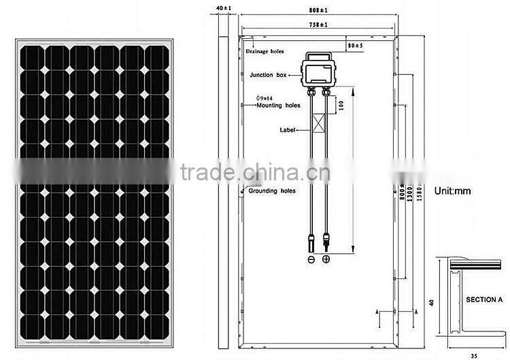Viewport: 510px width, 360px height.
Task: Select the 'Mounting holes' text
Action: (x=278, y=105)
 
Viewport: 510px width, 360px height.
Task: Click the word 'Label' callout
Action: (x=287, y=129)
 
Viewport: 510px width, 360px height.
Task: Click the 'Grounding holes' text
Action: (x=271, y=191)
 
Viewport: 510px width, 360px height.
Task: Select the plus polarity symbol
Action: (x=326, y=260)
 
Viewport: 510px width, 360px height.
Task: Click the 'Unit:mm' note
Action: (x=452, y=192)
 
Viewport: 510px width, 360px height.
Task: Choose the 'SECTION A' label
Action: (x=483, y=299)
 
